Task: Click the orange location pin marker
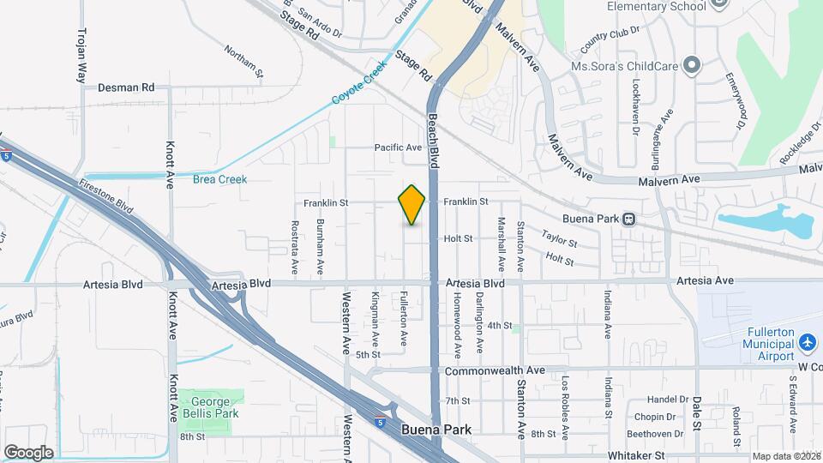click(x=411, y=205)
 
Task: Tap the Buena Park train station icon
click(x=628, y=219)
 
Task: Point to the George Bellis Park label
click(x=210, y=406)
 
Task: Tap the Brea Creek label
click(x=219, y=179)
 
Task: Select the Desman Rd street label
click(x=125, y=87)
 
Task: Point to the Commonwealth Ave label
click(x=495, y=370)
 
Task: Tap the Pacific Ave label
click(x=398, y=147)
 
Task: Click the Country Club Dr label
click(x=610, y=43)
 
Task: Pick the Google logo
click(x=28, y=452)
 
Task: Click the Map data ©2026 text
click(x=785, y=456)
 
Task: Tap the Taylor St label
click(x=559, y=238)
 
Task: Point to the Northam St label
click(x=243, y=61)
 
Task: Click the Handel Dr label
click(x=669, y=400)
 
